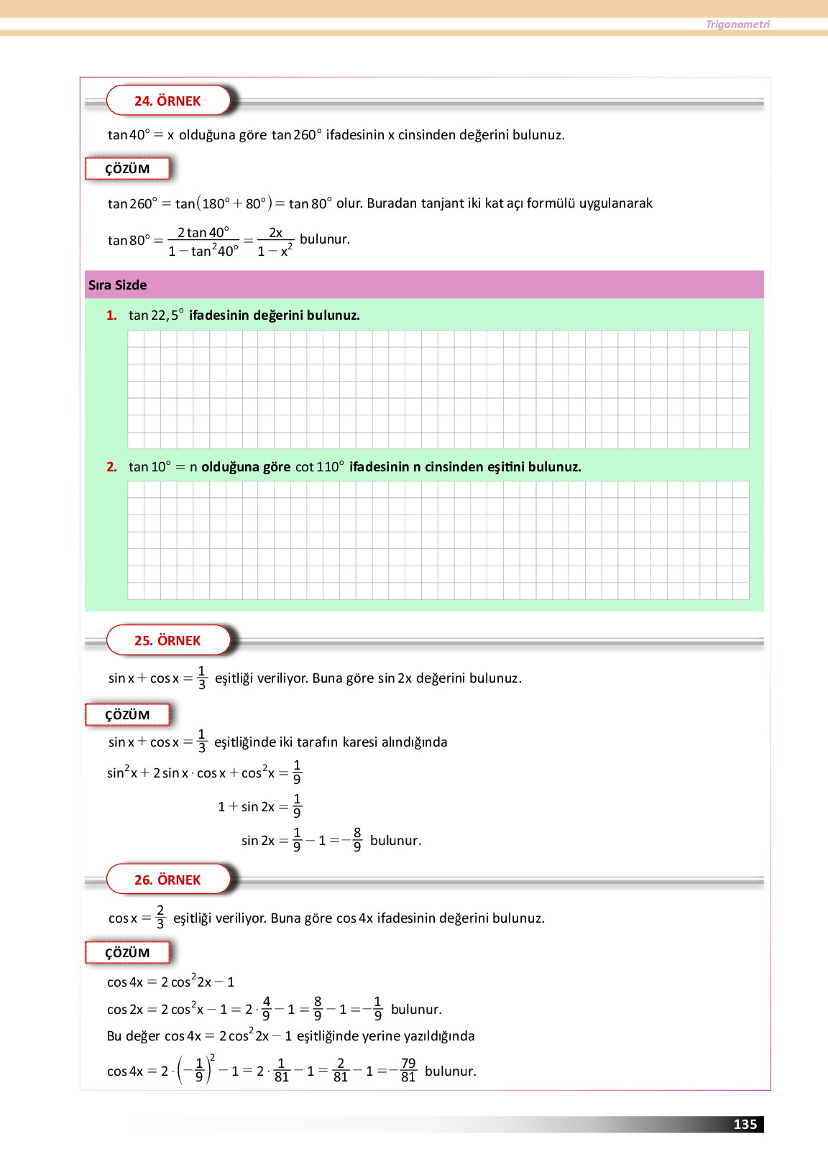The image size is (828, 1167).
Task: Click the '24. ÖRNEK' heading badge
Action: [167, 101]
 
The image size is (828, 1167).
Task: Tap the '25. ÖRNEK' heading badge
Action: [167, 640]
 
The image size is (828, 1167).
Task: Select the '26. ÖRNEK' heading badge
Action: [167, 880]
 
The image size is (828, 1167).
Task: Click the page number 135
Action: [745, 1125]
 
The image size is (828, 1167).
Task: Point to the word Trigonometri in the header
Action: [737, 24]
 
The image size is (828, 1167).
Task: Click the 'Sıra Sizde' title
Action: [118, 285]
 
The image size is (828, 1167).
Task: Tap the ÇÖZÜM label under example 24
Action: [127, 169]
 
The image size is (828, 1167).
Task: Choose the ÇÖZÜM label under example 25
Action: [127, 715]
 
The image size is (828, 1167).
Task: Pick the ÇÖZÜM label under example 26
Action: [127, 953]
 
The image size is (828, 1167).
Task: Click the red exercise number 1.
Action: [111, 315]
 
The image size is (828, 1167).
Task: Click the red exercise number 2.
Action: [111, 467]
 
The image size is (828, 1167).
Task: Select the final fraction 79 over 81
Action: [408, 1070]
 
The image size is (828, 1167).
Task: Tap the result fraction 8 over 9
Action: [357, 839]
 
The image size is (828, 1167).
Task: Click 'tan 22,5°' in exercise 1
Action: [156, 315]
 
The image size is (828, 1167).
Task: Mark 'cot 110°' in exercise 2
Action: [320, 467]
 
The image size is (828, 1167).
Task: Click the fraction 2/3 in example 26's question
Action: [160, 918]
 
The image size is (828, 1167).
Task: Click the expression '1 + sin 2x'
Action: [246, 807]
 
